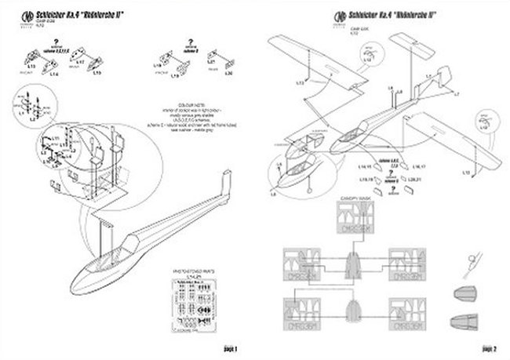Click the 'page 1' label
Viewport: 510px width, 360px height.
pyautogui.click(x=231, y=347)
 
